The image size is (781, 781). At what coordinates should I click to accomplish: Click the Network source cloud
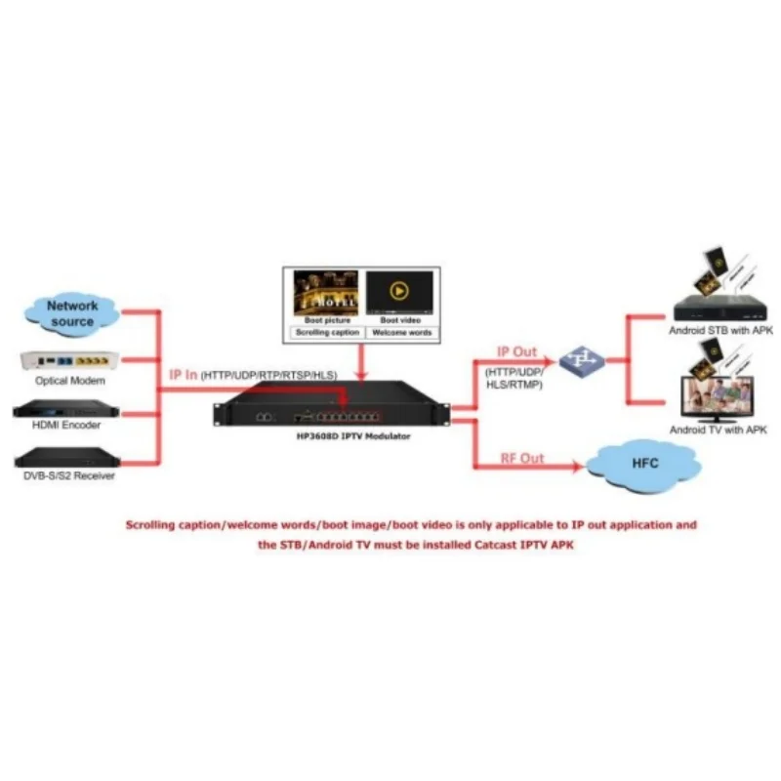(x=73, y=313)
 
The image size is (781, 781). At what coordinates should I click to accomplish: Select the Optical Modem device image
(x=70, y=361)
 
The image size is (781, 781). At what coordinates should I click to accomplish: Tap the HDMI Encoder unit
(x=65, y=408)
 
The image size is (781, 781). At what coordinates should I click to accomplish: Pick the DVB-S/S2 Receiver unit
(x=65, y=456)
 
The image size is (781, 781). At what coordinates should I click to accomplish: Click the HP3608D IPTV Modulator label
(x=341, y=436)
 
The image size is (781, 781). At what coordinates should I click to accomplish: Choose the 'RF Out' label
(x=522, y=458)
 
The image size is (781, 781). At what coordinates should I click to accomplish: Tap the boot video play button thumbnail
(x=398, y=291)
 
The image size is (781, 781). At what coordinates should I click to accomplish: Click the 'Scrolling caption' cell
(x=322, y=333)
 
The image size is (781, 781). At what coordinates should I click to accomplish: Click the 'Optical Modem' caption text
(x=70, y=381)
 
